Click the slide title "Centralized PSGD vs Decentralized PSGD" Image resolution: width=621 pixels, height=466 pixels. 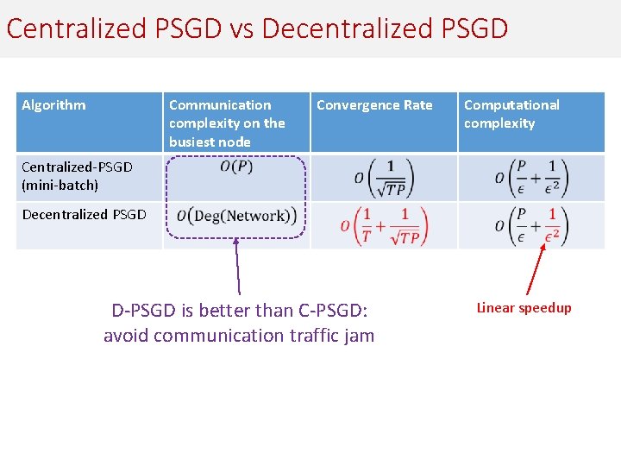click(x=257, y=28)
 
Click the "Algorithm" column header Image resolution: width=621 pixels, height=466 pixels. click(x=53, y=105)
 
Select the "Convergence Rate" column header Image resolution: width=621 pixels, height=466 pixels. click(x=374, y=105)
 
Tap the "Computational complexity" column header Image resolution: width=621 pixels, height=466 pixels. click(x=511, y=114)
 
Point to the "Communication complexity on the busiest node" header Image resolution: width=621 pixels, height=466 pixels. click(x=227, y=123)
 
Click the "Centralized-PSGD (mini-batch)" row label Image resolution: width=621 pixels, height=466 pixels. click(x=77, y=176)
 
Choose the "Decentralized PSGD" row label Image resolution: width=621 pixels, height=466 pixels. click(x=84, y=214)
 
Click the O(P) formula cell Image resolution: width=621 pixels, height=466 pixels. click(x=236, y=167)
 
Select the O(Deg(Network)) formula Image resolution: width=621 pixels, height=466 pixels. click(x=236, y=216)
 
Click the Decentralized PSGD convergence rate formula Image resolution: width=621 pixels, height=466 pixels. click(x=384, y=226)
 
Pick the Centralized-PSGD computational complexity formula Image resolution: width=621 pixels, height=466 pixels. click(x=531, y=177)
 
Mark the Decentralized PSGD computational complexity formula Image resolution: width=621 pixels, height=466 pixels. click(x=531, y=225)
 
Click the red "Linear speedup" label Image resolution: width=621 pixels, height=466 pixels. click(x=524, y=308)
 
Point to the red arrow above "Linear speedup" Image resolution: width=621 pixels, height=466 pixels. click(x=535, y=269)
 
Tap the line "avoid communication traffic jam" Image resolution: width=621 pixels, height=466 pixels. click(x=239, y=335)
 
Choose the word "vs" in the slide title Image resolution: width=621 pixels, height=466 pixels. click(x=241, y=28)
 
